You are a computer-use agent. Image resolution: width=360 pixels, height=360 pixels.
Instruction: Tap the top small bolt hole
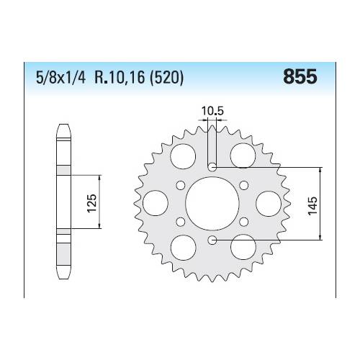[212, 167]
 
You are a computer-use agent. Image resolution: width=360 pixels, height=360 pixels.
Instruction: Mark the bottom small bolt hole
[212, 238]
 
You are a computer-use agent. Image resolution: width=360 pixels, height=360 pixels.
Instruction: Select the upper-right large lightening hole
[240, 155]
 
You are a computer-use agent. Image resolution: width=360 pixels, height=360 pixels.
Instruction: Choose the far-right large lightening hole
[268, 202]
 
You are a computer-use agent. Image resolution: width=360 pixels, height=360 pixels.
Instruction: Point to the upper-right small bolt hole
[243, 185]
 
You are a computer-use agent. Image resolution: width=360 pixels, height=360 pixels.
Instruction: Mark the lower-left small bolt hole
[181, 220]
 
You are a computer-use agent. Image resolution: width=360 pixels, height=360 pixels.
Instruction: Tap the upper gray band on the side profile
[63, 170]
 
